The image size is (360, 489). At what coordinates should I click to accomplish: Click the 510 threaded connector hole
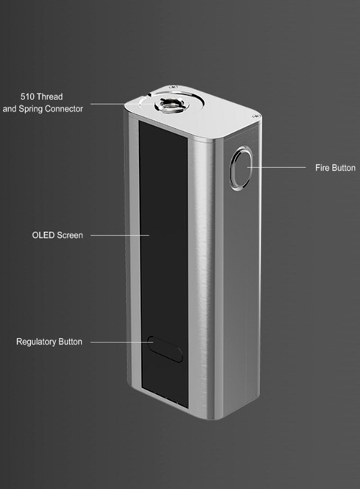(x=172, y=105)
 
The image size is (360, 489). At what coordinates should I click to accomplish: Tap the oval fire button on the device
(x=241, y=169)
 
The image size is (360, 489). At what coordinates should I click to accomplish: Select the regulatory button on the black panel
(x=165, y=349)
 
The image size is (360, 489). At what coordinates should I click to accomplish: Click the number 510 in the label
(x=27, y=96)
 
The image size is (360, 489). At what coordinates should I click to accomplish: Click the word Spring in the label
(x=30, y=109)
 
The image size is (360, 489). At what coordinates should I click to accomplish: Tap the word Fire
(x=322, y=168)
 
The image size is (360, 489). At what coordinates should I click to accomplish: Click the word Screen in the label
(x=70, y=235)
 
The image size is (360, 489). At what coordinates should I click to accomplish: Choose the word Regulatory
(x=36, y=342)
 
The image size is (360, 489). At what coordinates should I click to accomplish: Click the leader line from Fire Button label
(x=277, y=167)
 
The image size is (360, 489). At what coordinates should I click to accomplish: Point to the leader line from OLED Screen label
(x=120, y=235)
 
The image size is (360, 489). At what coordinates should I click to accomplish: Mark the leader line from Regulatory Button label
(x=121, y=342)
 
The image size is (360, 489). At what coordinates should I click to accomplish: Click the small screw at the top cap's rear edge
(x=173, y=87)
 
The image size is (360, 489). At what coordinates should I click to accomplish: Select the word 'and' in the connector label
(x=10, y=109)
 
